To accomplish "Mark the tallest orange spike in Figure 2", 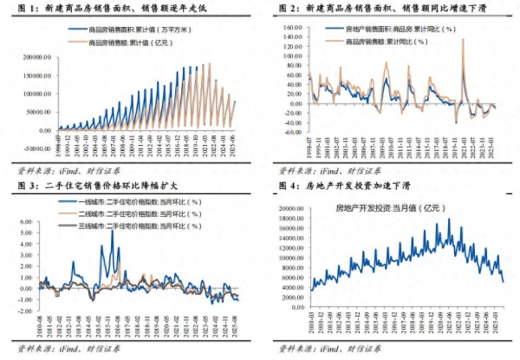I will tap(463, 40).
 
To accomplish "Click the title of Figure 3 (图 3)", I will tap(95, 186).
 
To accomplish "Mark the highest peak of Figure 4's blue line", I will tap(449, 219).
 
